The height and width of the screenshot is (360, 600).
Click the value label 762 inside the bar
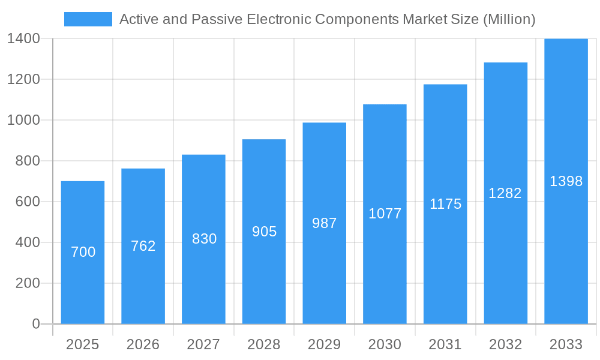click(143, 246)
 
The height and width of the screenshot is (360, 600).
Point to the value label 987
click(325, 223)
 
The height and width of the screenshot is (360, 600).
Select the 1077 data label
click(385, 214)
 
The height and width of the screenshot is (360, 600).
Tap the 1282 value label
click(505, 193)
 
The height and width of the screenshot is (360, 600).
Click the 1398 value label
click(566, 181)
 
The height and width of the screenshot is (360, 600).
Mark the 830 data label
click(204, 239)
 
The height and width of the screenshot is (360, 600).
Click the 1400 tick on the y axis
click(23, 38)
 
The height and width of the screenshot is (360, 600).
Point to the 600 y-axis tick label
click(28, 202)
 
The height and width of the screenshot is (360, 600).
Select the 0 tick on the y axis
click(35, 324)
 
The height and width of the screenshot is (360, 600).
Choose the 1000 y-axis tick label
click(23, 120)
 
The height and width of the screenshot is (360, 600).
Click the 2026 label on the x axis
click(143, 344)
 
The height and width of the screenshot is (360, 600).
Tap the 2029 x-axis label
click(325, 344)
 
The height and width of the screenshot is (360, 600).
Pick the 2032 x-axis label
click(505, 344)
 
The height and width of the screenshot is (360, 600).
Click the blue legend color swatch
click(88, 19)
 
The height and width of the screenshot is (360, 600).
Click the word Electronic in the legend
click(281, 19)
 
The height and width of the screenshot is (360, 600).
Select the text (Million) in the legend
click(509, 19)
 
